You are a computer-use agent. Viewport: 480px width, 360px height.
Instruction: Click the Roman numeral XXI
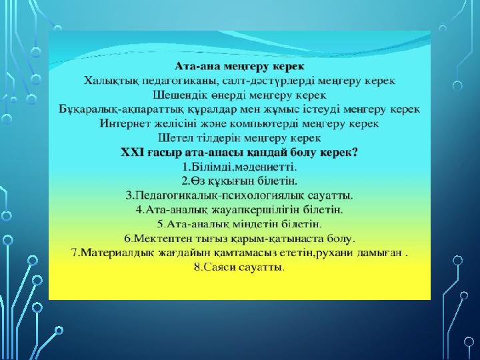[132, 153]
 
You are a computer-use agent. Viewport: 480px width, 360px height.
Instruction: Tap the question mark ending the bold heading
[355, 153]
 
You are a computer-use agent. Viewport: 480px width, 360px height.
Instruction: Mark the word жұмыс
[277, 110]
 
